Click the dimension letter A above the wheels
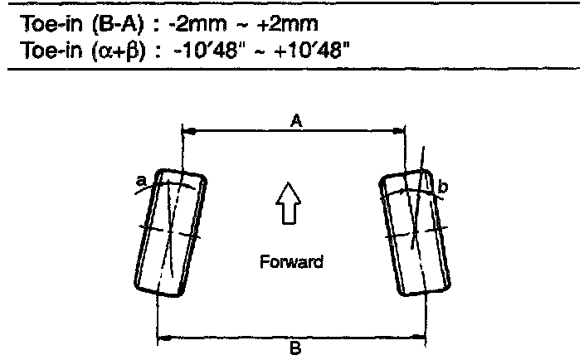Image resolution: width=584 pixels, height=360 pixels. [x=296, y=121]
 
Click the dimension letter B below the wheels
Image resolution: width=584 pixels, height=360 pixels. [x=295, y=349]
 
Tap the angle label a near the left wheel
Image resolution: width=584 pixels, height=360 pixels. [x=141, y=181]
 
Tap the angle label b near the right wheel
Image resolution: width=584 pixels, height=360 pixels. [x=442, y=187]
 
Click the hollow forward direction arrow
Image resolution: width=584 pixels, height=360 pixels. [x=289, y=203]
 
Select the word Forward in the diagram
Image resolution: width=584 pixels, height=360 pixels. [x=292, y=262]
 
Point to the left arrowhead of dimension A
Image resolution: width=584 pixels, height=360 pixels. [x=189, y=131]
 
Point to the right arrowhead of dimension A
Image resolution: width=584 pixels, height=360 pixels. [x=398, y=131]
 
